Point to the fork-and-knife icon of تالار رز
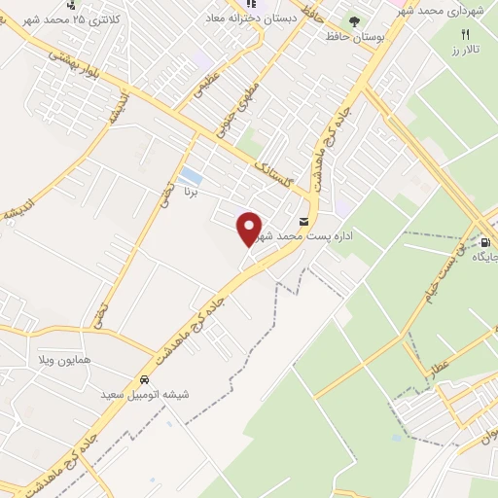tap(465, 34)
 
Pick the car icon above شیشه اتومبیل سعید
tap(144, 379)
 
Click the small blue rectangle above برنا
tap(193, 177)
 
